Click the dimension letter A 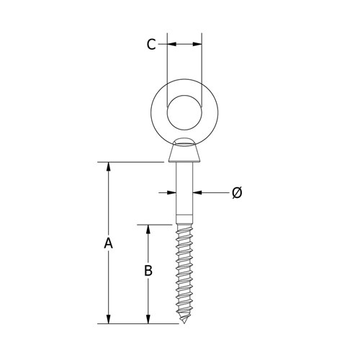click(108, 244)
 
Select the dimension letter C click(150, 45)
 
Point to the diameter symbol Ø click(237, 192)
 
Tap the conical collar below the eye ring click(184, 153)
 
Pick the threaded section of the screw click(184, 274)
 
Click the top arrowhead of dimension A click(108, 167)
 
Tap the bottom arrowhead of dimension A click(108, 319)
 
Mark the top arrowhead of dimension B click(148, 229)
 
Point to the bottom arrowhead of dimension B click(148, 319)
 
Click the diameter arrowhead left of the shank click(172, 192)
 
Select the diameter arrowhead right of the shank click(197, 192)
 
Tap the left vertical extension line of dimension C click(168, 65)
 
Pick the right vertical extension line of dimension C click(202, 65)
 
